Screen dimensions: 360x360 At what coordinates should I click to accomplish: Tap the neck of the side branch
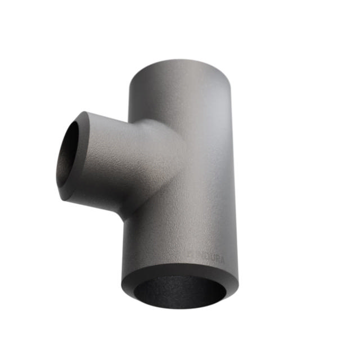pyautogui.click(x=129, y=163)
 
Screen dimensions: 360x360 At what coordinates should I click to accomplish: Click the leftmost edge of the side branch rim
pyautogui.click(x=58, y=157)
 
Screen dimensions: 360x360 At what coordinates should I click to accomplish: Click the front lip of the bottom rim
pyautogui.click(x=179, y=306)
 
